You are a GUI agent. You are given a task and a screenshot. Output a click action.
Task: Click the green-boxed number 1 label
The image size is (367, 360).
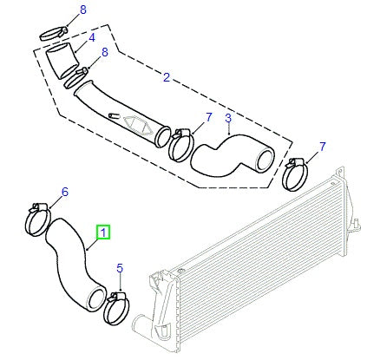pos(103,232)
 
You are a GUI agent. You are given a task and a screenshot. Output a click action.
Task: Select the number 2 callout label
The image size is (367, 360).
pos(166,78)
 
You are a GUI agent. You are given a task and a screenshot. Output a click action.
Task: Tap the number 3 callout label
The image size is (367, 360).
pos(227,118)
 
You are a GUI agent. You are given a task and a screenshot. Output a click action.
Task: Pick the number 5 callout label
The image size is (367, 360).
pos(121,269)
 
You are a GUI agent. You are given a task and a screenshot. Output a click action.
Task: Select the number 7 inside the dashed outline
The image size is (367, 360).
pos(184,116)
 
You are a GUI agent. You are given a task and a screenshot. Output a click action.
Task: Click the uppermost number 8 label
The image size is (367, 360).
pos(83,10)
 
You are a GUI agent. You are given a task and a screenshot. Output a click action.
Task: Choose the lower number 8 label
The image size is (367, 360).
pos(106,52)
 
